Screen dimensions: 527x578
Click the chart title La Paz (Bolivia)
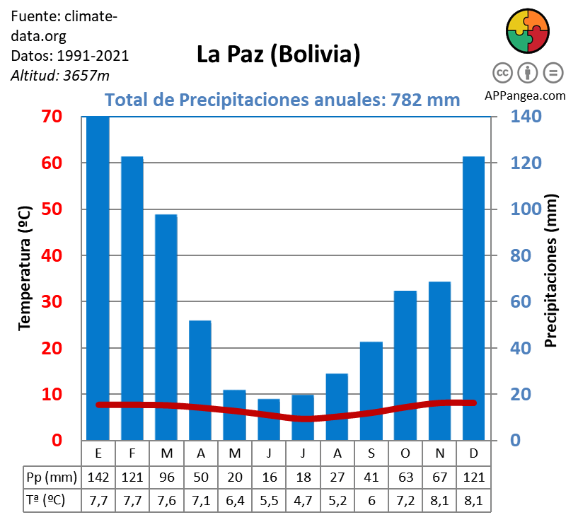click(278, 54)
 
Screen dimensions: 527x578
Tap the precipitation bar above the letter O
click(405, 365)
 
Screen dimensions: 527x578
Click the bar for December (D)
click(473, 298)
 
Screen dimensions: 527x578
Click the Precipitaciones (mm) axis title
click(551, 271)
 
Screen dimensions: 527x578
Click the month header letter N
click(439, 452)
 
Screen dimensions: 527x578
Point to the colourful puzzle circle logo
click(528, 31)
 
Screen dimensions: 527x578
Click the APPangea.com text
click(525, 95)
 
